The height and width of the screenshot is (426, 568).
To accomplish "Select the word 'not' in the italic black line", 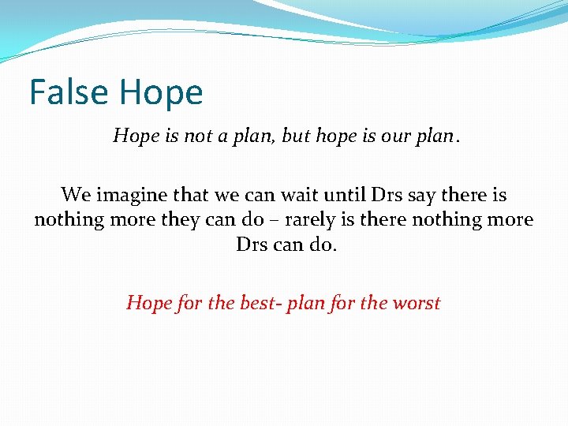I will (x=199, y=136).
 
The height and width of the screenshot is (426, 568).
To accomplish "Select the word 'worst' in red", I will (x=415, y=303).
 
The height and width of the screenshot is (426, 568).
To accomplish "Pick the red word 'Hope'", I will (x=148, y=303).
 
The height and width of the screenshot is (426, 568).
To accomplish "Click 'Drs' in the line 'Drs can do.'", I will (x=252, y=245).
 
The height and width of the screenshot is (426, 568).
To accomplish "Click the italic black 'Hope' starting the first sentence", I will (x=136, y=136).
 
